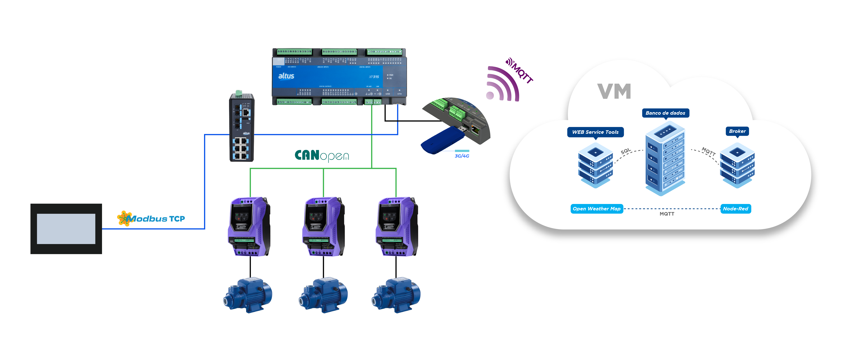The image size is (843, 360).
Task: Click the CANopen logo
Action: tap(322, 156)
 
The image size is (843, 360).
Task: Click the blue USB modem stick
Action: tap(442, 140)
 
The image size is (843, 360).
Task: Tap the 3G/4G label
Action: tap(462, 156)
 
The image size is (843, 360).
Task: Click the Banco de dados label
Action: tap(665, 113)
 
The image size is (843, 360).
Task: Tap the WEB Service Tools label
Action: tap(595, 132)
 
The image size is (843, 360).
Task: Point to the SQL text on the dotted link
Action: tap(625, 151)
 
